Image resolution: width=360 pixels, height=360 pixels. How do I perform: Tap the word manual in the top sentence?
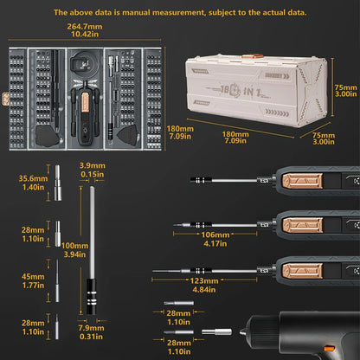point(155,13)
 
